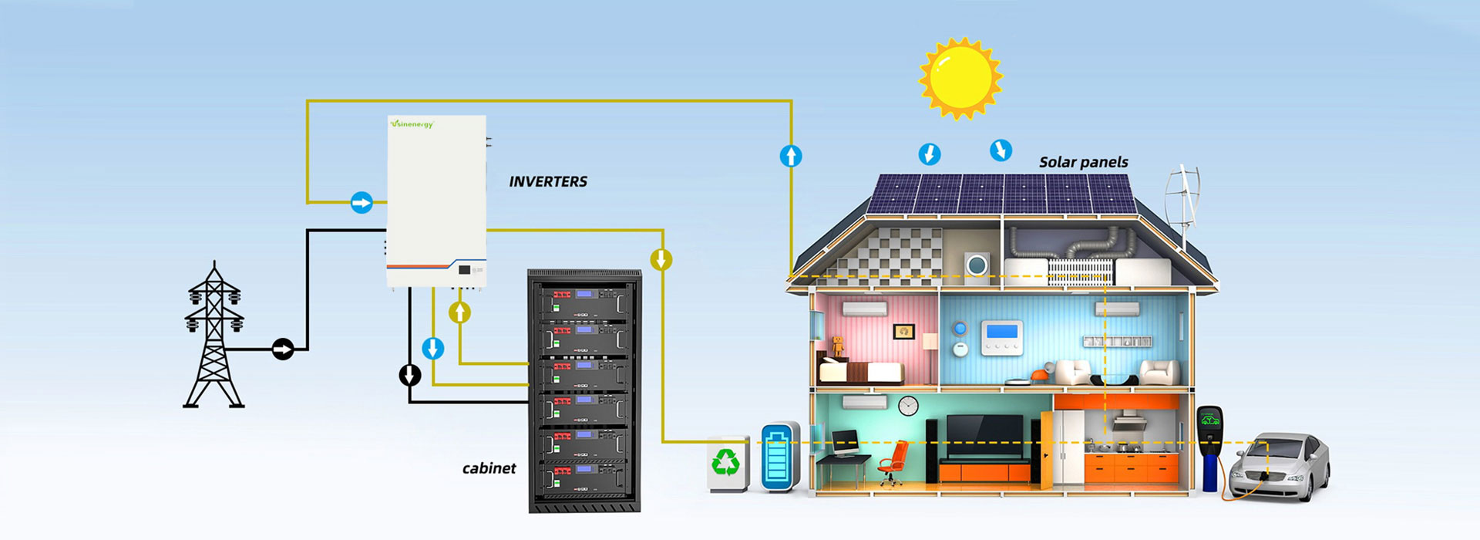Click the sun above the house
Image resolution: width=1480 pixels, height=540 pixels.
(960, 78)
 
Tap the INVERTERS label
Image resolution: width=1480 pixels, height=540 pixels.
(547, 181)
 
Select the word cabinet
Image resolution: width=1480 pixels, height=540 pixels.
(489, 468)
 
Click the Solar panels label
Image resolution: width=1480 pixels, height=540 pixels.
(1083, 162)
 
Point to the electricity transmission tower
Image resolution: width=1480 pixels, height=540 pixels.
(214, 336)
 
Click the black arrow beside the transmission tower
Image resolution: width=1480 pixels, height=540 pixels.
(283, 349)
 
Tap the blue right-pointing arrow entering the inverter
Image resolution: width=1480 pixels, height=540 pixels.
(362, 203)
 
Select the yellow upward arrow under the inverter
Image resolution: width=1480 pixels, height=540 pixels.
(460, 312)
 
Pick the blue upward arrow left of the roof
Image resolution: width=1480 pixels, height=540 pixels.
(791, 157)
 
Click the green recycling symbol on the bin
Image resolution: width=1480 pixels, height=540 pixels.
(725, 462)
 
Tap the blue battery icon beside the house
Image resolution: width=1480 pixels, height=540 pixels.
(779, 457)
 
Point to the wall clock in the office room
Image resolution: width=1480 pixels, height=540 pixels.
(908, 406)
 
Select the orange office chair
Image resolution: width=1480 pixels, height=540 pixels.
(893, 462)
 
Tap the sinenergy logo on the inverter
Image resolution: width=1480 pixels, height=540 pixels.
(412, 124)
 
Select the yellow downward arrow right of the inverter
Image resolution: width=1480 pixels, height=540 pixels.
(661, 259)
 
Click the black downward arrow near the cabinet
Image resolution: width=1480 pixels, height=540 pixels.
(410, 375)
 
